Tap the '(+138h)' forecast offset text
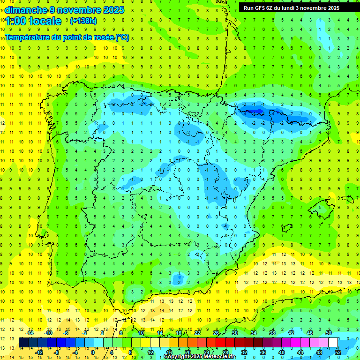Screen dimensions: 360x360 (x=83, y=21)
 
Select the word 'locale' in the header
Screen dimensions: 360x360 (x=45, y=21)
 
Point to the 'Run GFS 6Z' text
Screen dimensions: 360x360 (x=258, y=8)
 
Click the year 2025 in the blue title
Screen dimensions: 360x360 (x=113, y=10)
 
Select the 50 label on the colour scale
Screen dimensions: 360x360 (x=328, y=332)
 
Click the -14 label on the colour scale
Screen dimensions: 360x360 (x=30, y=332)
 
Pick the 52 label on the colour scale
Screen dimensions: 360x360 (x=337, y=352)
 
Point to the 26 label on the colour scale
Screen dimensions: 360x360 (x=216, y=332)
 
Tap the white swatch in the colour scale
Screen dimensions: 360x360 (x=333, y=342)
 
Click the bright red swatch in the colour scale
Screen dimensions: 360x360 (x=221, y=342)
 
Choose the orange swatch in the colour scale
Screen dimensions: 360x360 (x=193, y=342)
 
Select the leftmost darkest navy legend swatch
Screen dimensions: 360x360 (x=24, y=342)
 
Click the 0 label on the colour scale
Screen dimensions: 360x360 (x=93, y=352)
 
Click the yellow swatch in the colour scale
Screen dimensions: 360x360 (x=155, y=342)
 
